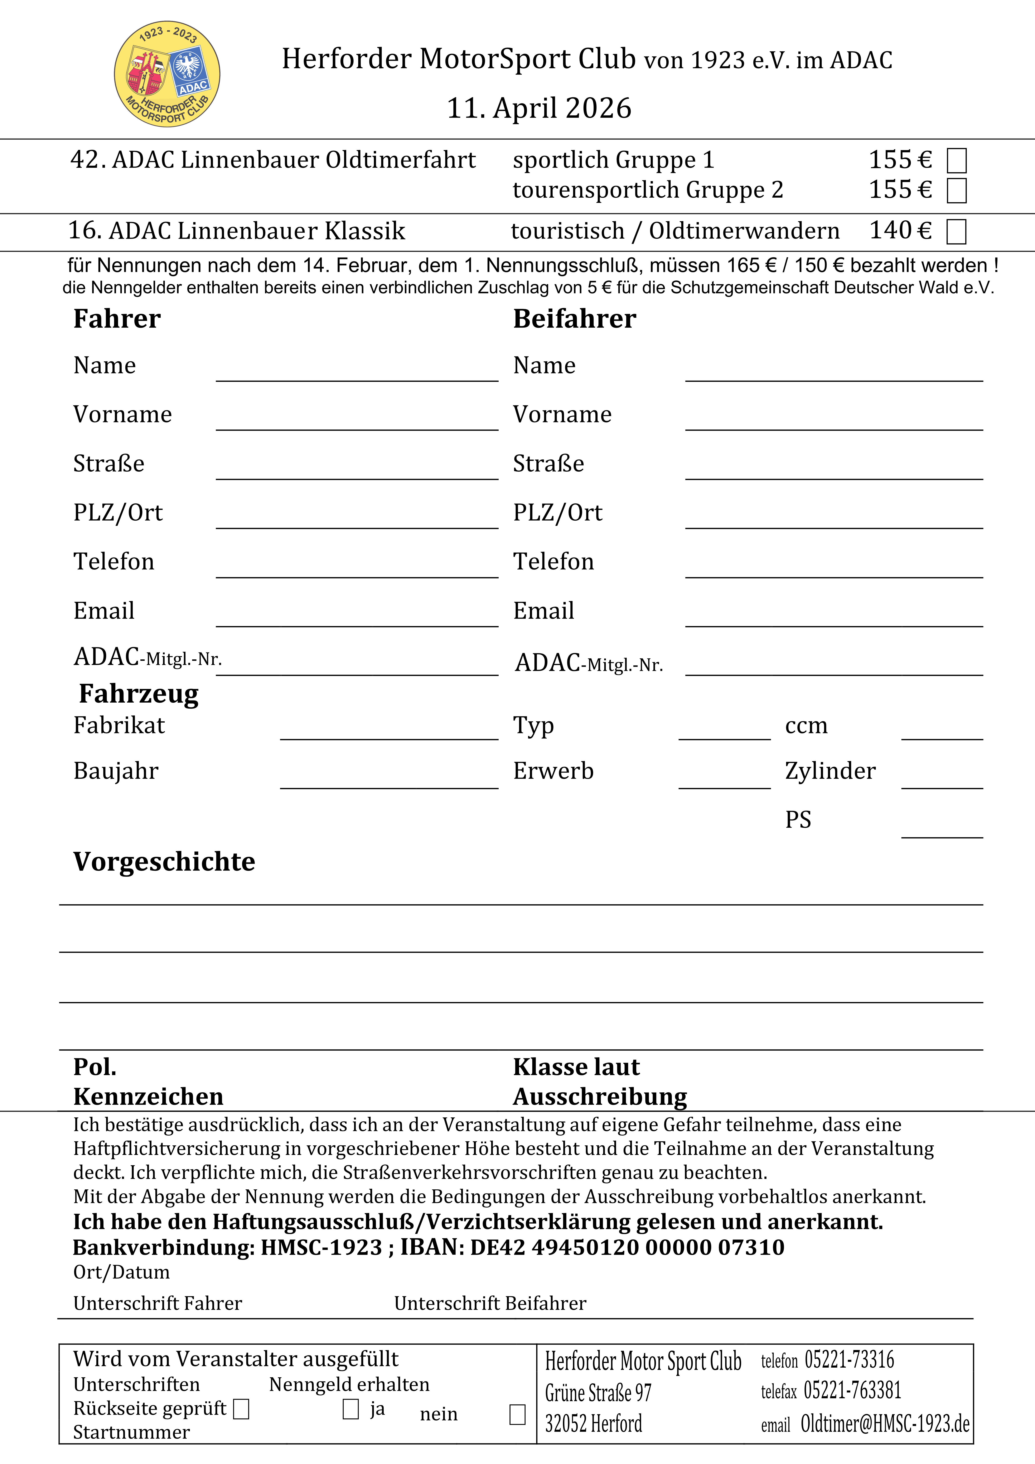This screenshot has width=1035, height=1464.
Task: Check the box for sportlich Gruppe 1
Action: (x=957, y=161)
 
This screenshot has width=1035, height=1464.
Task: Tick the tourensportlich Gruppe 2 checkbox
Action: (x=957, y=191)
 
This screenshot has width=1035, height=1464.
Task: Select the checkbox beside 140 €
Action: (x=957, y=231)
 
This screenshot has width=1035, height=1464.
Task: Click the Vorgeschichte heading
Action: (x=164, y=861)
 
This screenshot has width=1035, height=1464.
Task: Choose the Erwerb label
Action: (x=553, y=771)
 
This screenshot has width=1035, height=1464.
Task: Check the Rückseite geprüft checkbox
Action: (x=241, y=1409)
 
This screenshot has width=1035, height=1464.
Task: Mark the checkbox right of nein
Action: (x=517, y=1414)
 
